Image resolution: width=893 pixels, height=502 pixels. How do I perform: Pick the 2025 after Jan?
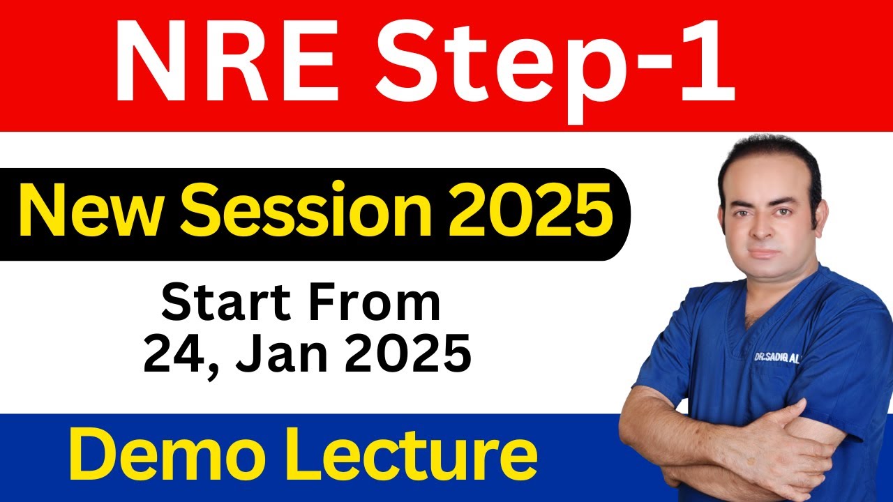pyautogui.click(x=405, y=356)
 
